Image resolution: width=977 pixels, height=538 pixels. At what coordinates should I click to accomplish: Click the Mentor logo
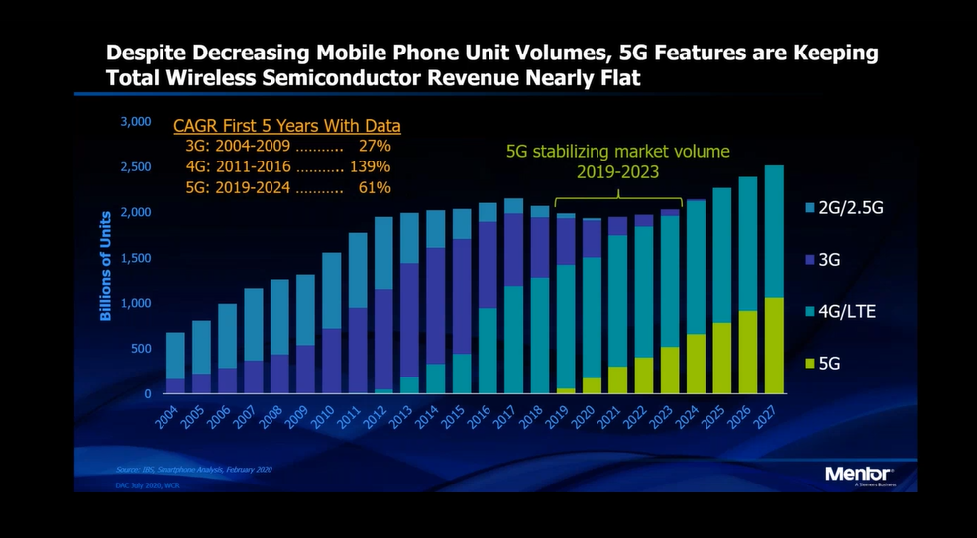point(859,474)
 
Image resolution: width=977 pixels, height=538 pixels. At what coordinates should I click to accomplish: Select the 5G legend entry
point(828,363)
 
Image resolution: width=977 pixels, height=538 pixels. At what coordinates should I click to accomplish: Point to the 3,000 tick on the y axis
point(135,122)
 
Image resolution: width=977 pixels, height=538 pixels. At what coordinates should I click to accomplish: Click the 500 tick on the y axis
point(141,349)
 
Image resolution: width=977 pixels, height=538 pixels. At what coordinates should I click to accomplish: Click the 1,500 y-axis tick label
point(135,258)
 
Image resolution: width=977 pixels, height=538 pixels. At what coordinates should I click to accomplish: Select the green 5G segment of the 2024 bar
point(696,364)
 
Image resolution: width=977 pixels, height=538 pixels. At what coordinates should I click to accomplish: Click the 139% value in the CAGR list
point(375,166)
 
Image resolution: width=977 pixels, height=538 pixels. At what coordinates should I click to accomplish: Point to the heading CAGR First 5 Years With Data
point(286,126)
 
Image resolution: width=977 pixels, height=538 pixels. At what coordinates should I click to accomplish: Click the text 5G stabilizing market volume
point(617,152)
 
